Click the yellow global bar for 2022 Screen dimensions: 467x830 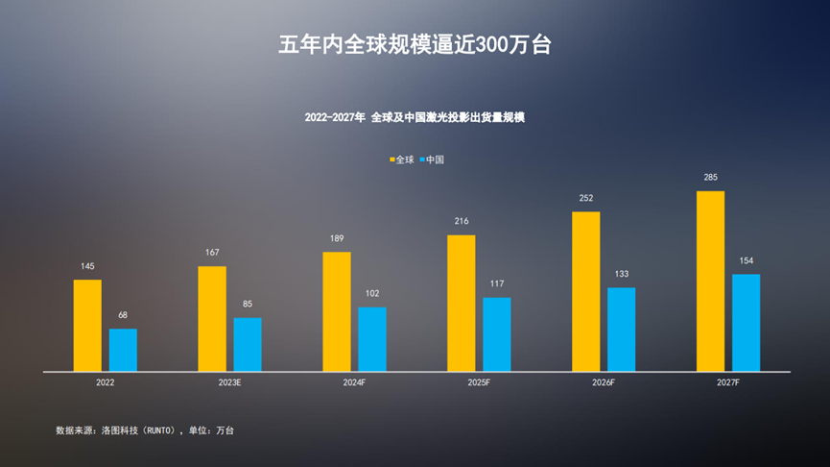pyautogui.click(x=87, y=326)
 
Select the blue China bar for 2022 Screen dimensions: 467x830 pyautogui.click(x=123, y=350)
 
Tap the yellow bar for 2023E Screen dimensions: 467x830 pyautogui.click(x=212, y=319)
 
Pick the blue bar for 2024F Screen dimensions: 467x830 pyautogui.click(x=372, y=339)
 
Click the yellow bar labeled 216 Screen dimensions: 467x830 pyautogui.click(x=462, y=303)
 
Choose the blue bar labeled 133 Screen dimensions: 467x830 pyautogui.click(x=621, y=330)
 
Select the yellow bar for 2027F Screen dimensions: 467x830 pyautogui.click(x=710, y=281)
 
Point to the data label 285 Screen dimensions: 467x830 pyautogui.click(x=710, y=178)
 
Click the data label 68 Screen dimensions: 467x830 pyautogui.click(x=123, y=315)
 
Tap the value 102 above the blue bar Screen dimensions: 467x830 pyautogui.click(x=372, y=294)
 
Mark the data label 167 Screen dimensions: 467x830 pyautogui.click(x=212, y=253)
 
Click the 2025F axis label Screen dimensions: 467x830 pyautogui.click(x=479, y=382)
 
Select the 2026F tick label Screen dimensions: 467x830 pyautogui.click(x=604, y=382)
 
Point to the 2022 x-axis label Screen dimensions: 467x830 pyautogui.click(x=105, y=382)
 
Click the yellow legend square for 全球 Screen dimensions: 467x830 pyautogui.click(x=392, y=160)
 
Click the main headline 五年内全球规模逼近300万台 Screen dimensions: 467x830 pyautogui.click(x=415, y=45)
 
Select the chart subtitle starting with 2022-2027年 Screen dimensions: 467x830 pyautogui.click(x=415, y=117)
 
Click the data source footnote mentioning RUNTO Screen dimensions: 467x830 pyautogui.click(x=145, y=430)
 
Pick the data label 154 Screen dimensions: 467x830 pyautogui.click(x=746, y=260)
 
